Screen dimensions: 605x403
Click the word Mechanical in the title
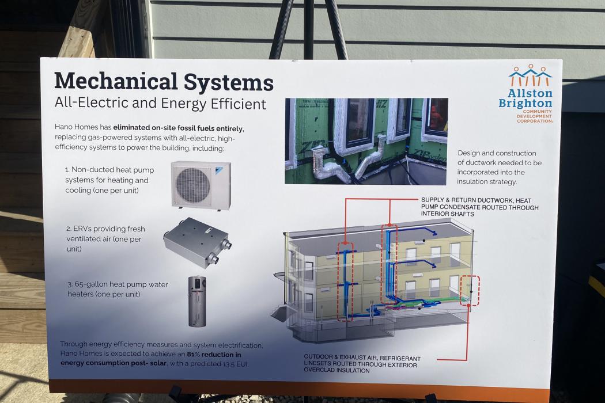116,82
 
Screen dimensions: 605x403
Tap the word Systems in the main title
228,82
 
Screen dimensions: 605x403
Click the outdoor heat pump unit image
201,185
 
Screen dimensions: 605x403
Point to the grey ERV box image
197,242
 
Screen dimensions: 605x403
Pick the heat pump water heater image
197,301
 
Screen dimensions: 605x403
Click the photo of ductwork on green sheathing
366,141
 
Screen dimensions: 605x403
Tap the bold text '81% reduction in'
214,355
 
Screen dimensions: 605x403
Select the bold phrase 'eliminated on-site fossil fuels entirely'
178,128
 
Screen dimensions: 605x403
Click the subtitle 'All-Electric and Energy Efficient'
161,104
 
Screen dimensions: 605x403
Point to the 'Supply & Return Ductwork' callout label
479,207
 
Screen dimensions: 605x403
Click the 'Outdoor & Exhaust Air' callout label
362,364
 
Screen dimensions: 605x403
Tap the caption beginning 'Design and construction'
500,168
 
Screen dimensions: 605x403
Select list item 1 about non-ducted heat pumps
109,180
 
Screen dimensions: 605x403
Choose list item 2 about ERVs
105,239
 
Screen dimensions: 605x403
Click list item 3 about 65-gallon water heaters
118,289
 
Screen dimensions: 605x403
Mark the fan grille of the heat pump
193,185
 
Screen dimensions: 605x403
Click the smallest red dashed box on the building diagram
470,291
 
